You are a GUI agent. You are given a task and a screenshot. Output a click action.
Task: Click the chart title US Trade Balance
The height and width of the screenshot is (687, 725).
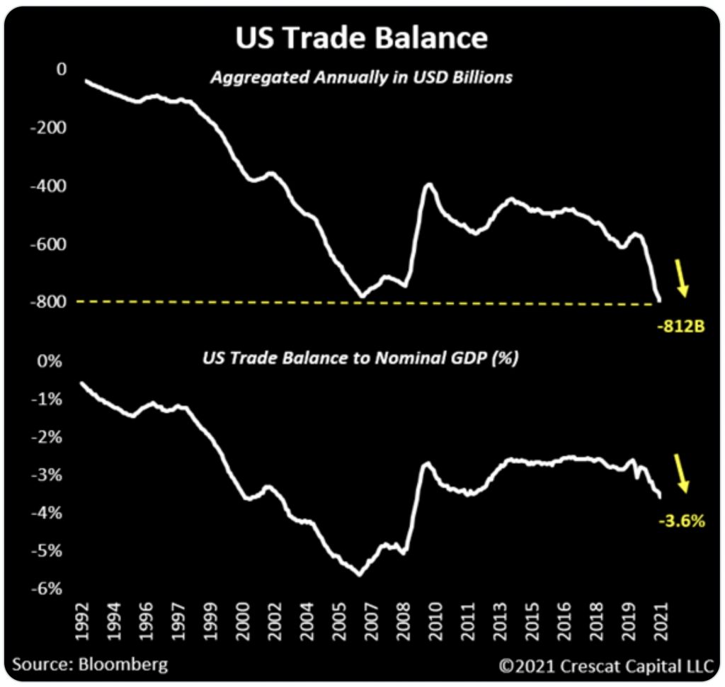[x=361, y=38]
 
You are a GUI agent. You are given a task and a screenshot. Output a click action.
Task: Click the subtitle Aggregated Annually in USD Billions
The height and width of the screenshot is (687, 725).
[x=361, y=77]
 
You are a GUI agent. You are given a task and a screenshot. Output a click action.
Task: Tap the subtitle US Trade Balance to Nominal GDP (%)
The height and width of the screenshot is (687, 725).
[x=360, y=358]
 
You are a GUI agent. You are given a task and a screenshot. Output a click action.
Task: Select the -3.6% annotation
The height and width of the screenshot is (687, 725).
[x=682, y=522]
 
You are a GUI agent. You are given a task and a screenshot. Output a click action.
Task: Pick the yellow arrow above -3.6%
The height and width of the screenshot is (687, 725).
[x=681, y=472]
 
